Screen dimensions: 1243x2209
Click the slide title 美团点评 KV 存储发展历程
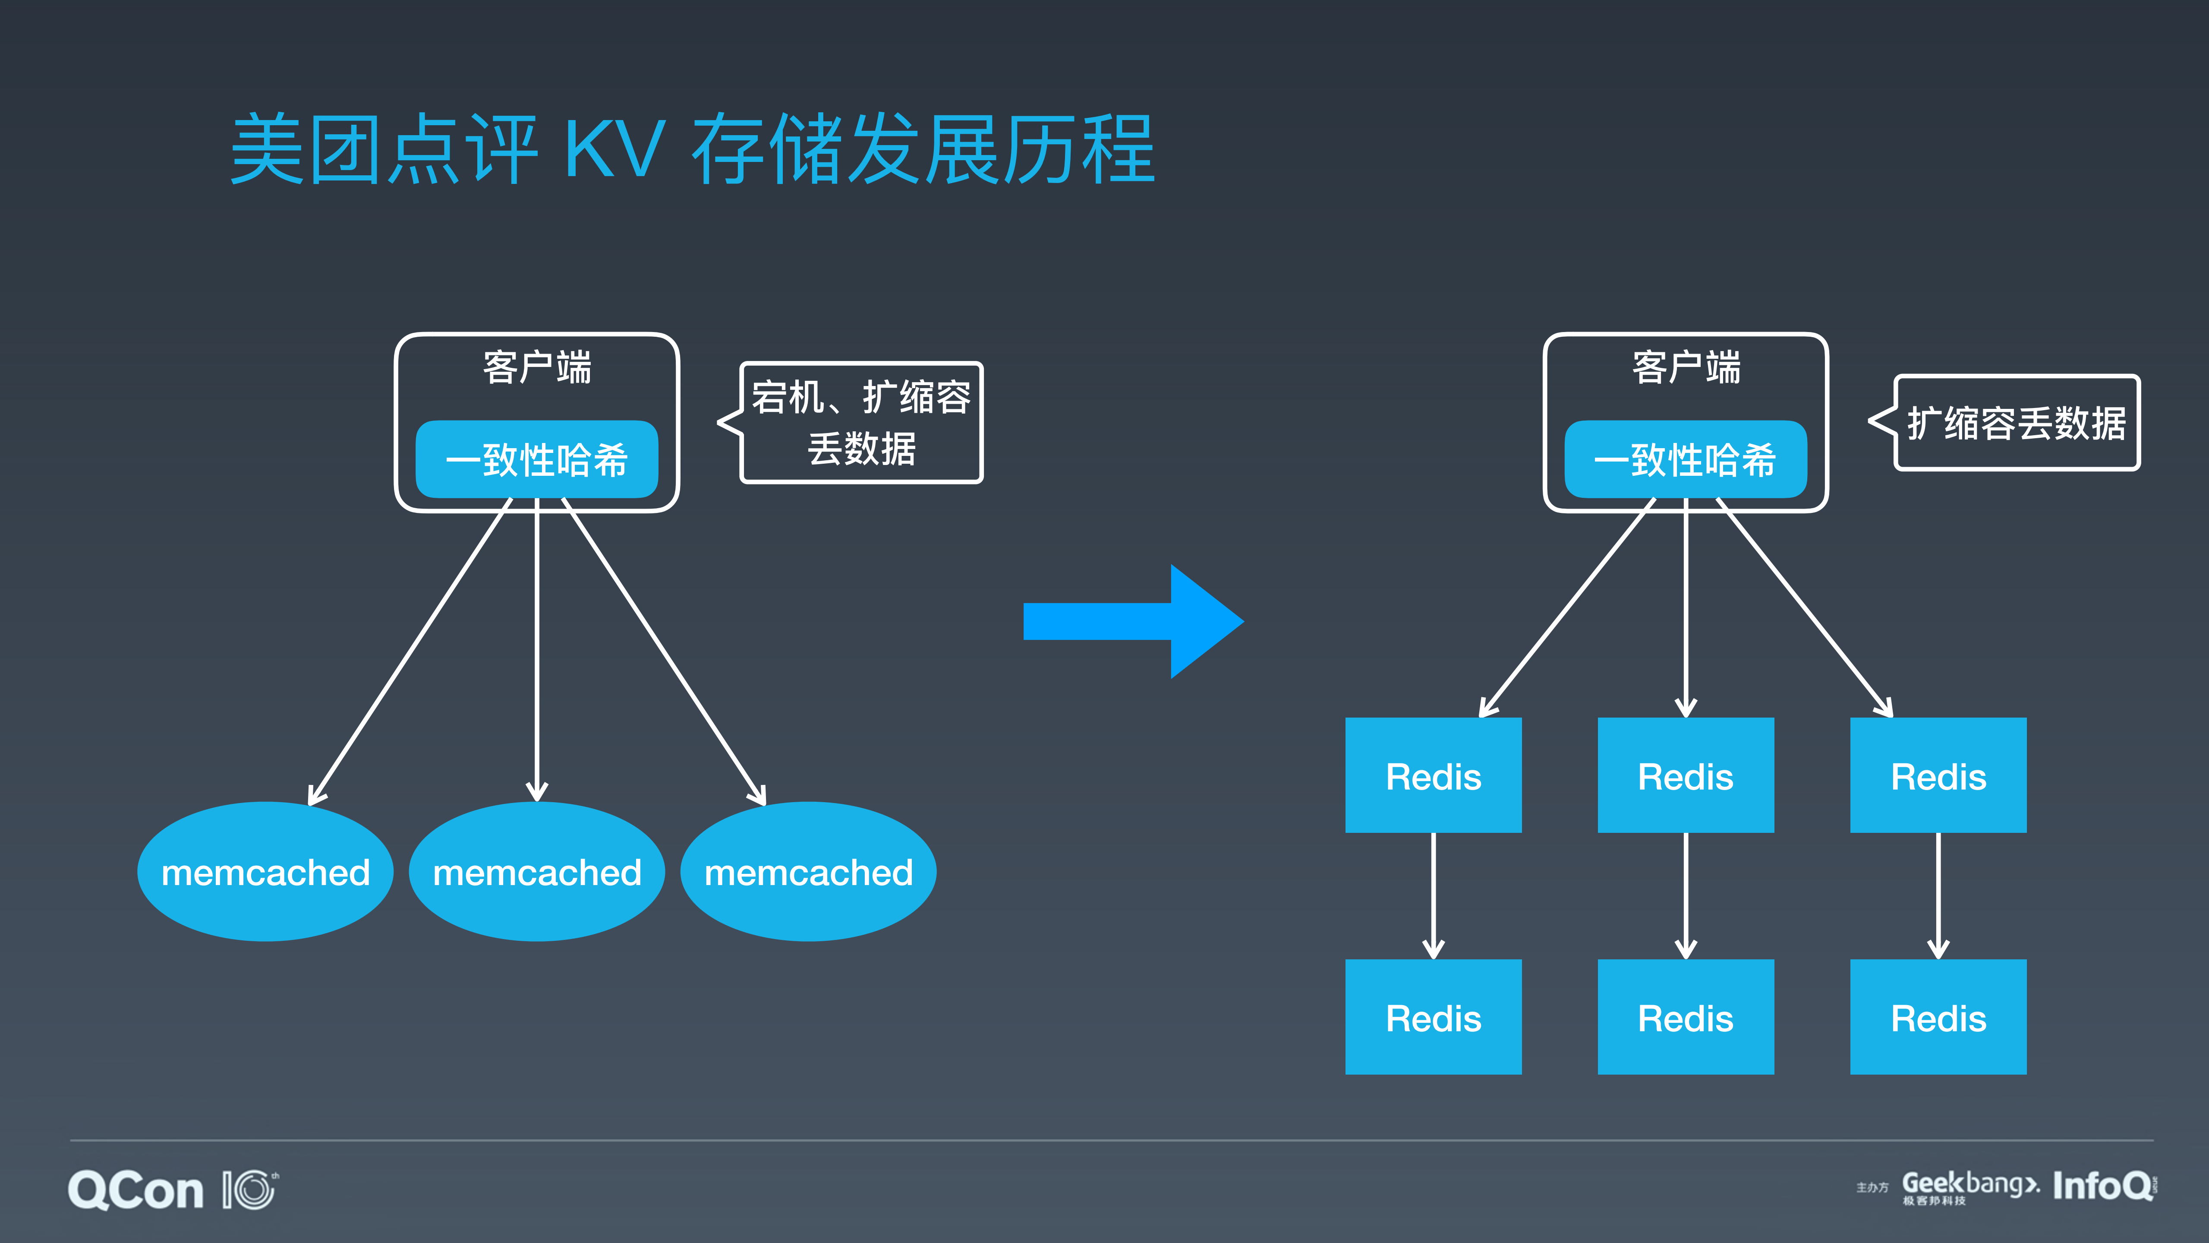pyautogui.click(x=693, y=150)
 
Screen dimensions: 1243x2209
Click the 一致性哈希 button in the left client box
pyautogui.click(x=537, y=459)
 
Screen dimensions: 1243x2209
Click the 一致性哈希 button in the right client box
pyautogui.click(x=1685, y=459)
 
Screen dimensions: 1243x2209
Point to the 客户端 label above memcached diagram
pyautogui.click(x=537, y=367)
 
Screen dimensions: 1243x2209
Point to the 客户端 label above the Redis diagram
pyautogui.click(x=1685, y=367)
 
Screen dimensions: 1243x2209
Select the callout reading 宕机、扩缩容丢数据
pyautogui.click(x=861, y=422)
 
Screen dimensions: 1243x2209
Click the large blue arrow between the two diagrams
pyautogui.click(x=1132, y=621)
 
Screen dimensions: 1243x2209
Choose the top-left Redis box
pyautogui.click(x=1433, y=775)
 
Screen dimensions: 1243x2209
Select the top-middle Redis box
pyautogui.click(x=1685, y=775)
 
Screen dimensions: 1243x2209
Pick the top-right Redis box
pyautogui.click(x=1938, y=775)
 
